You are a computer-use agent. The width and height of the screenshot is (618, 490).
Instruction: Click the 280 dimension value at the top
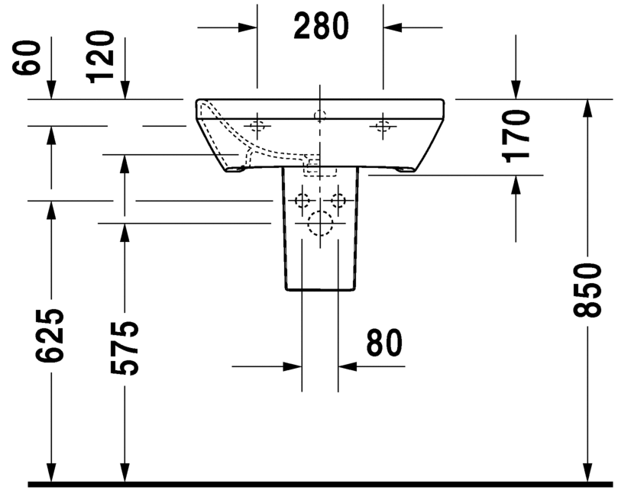click(x=321, y=27)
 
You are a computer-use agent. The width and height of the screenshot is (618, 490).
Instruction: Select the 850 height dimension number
click(x=587, y=291)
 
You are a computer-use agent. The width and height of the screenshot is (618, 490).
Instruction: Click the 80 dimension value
click(x=383, y=343)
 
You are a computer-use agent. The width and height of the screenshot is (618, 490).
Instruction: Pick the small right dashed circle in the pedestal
click(x=337, y=201)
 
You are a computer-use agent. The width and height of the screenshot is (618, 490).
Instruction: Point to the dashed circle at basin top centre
click(x=320, y=116)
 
